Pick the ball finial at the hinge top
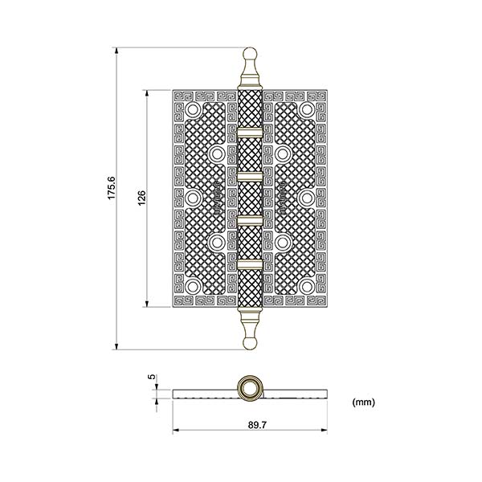[x=250, y=59]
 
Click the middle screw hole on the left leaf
[x=194, y=197]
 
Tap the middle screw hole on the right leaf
[x=307, y=197]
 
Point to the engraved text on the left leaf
[x=217, y=198]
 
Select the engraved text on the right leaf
[x=284, y=198]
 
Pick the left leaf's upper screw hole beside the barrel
[x=217, y=152]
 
